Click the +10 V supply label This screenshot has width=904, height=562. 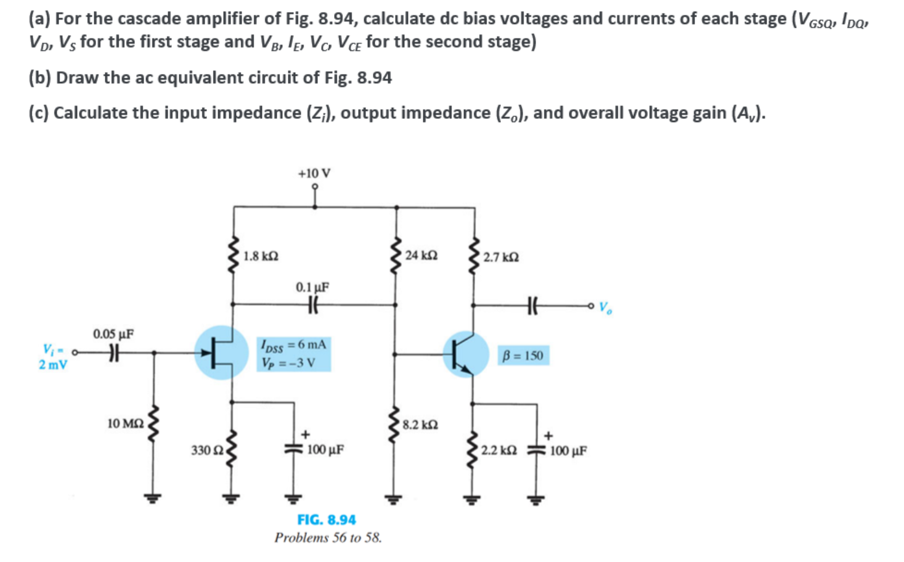pyautogui.click(x=314, y=173)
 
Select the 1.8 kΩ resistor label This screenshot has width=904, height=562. pyautogui.click(x=261, y=256)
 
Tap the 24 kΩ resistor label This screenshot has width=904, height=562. pyautogui.click(x=421, y=255)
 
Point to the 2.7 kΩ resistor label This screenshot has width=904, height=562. pyautogui.click(x=501, y=257)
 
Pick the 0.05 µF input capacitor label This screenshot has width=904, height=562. pyautogui.click(x=113, y=334)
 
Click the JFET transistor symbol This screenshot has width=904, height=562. pyautogui.click(x=221, y=353)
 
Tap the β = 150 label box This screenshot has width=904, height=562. pyautogui.click(x=523, y=356)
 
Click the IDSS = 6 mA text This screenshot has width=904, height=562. pyautogui.click(x=293, y=344)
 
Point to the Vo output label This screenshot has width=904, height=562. pyautogui.click(x=606, y=306)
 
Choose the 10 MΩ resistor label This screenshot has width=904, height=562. pyautogui.click(x=125, y=423)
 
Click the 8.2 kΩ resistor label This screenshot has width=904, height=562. pyautogui.click(x=420, y=425)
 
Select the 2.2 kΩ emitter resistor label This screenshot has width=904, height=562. pyautogui.click(x=499, y=450)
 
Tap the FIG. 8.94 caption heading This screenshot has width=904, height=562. pyautogui.click(x=327, y=519)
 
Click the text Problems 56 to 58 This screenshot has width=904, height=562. pyautogui.click(x=328, y=538)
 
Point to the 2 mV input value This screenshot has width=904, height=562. pyautogui.click(x=53, y=364)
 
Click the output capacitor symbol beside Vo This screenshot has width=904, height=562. pyautogui.click(x=533, y=304)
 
